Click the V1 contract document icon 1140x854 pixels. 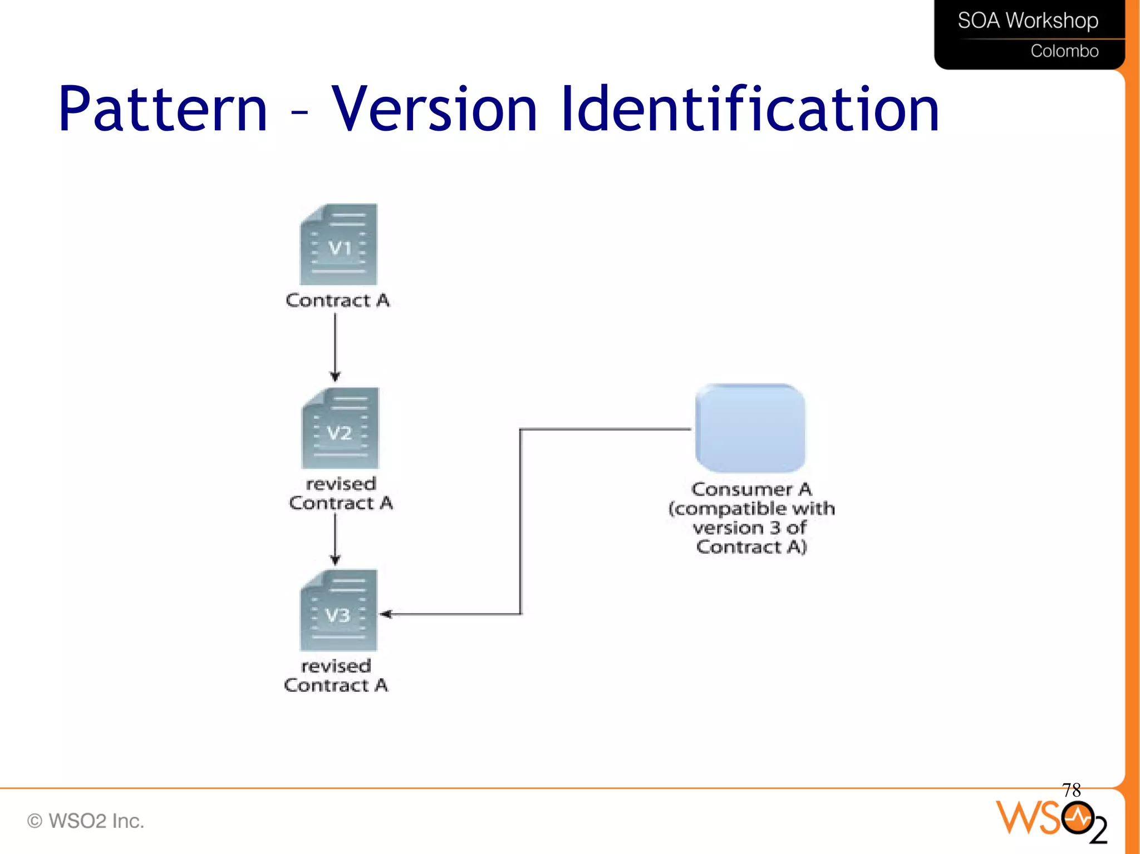(338, 245)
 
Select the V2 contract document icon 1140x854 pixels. (340, 428)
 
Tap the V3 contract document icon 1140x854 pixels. (338, 611)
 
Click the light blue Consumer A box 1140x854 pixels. (750, 428)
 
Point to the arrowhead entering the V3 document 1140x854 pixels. (386, 614)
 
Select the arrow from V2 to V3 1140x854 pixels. (335, 538)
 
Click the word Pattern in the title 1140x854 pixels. (163, 109)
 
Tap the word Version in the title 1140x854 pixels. (435, 109)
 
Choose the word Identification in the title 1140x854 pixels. (750, 109)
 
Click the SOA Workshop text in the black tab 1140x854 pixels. (1028, 21)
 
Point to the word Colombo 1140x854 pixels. (1064, 51)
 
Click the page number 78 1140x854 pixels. (1071, 789)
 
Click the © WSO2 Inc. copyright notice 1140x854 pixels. (86, 821)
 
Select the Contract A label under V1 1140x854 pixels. (337, 300)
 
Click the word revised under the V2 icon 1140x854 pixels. (341, 484)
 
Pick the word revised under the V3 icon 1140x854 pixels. (336, 666)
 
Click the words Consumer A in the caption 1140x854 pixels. (751, 490)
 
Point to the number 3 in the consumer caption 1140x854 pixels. (775, 527)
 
